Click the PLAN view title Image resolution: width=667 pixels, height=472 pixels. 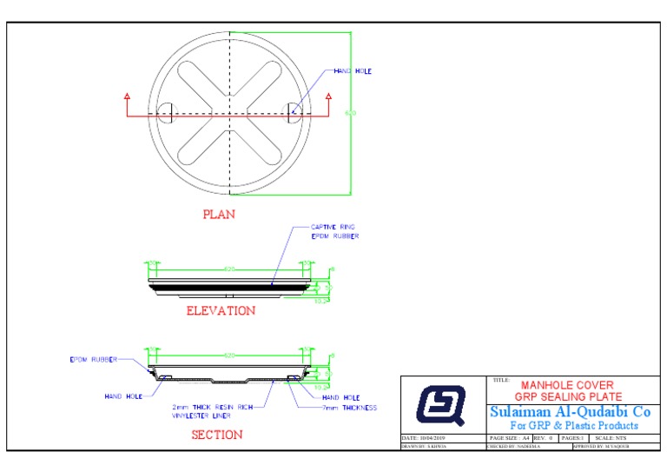(219, 214)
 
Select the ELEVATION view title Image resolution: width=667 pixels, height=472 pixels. (221, 310)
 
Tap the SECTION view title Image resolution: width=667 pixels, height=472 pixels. (217, 435)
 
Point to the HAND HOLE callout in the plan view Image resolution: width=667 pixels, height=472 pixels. (352, 71)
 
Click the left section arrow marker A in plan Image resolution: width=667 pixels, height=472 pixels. (127, 96)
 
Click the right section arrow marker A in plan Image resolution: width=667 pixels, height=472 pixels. (328, 96)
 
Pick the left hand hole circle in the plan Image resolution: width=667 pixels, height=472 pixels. (165, 110)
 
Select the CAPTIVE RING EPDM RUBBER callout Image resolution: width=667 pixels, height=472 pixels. (334, 231)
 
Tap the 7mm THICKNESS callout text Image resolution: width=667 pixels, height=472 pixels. (349, 407)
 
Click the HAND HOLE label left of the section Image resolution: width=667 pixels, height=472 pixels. (123, 396)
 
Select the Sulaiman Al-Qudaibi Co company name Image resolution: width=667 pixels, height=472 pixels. (570, 411)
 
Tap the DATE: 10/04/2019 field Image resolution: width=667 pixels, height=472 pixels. (424, 438)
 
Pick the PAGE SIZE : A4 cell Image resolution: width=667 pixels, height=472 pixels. (510, 438)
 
